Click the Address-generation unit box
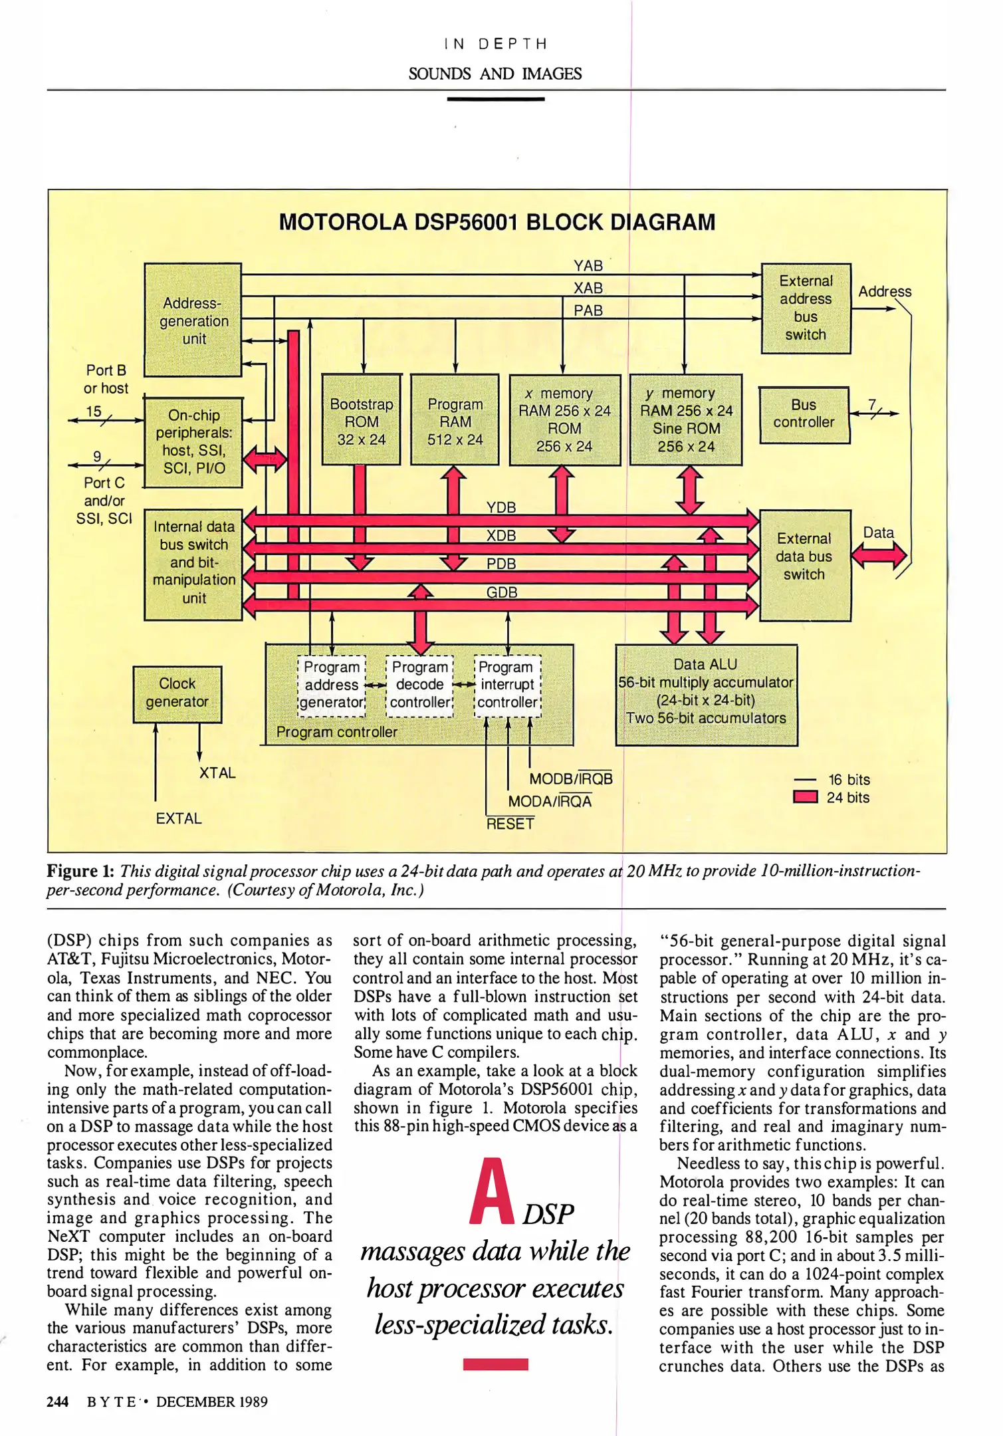click(x=193, y=320)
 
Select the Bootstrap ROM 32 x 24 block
click(x=361, y=420)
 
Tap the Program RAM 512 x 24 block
click(x=455, y=420)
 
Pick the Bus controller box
click(x=804, y=414)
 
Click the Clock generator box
click(x=177, y=693)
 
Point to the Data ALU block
click(x=706, y=693)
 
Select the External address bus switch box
click(x=806, y=308)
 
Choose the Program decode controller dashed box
click(x=419, y=685)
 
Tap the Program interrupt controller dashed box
click(x=507, y=685)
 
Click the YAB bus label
click(x=588, y=266)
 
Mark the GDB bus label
click(x=501, y=592)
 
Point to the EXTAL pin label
click(x=178, y=818)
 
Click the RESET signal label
click(x=510, y=824)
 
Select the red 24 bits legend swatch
click(x=805, y=797)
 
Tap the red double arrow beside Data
click(x=879, y=555)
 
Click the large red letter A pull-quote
click(x=491, y=1193)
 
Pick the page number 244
click(x=57, y=1401)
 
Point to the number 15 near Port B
click(x=94, y=412)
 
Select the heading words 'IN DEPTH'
click(x=495, y=44)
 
